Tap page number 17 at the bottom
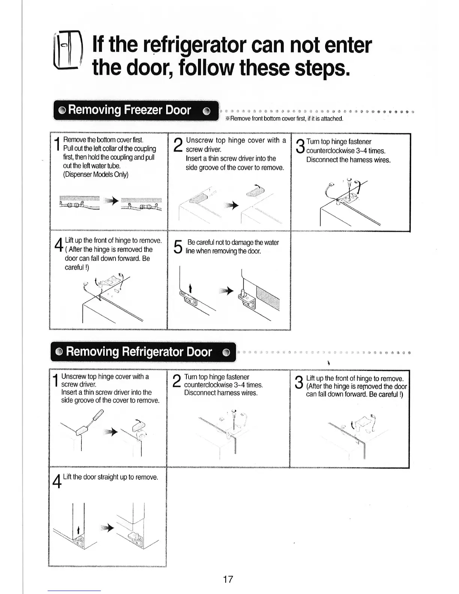[x=228, y=579]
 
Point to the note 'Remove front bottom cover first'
[x=286, y=119]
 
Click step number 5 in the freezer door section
[x=178, y=247]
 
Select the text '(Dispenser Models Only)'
[x=96, y=175]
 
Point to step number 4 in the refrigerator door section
[x=57, y=481]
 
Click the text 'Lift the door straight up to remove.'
[x=111, y=477]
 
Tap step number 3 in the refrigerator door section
[x=298, y=383]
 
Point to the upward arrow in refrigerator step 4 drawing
[x=78, y=529]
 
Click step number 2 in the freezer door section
[x=178, y=145]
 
